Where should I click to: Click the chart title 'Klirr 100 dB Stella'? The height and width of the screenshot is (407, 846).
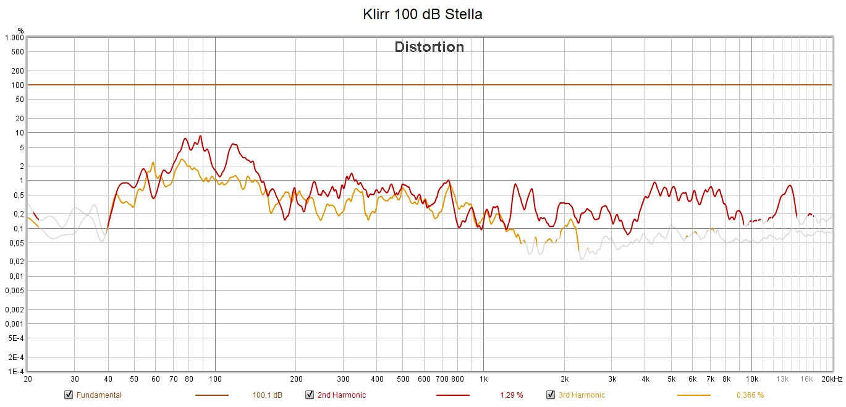pos(423,14)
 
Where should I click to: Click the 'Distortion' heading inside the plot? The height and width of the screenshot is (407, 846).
pos(429,47)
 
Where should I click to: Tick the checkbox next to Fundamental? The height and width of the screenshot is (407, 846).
pos(68,395)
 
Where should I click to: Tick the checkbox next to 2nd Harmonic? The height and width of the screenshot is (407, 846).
pos(309,395)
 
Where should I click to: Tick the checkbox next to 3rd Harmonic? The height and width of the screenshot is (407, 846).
pos(550,395)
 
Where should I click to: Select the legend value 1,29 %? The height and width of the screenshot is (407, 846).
pos(511,395)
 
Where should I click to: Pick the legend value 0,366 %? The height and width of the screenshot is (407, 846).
pos(750,395)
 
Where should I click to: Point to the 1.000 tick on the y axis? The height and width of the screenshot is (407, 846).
pos(14,38)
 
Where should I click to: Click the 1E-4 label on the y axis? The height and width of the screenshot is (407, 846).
pos(15,372)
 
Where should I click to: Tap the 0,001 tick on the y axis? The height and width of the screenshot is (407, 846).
pos(14,324)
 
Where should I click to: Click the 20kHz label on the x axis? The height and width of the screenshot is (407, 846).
pos(831,379)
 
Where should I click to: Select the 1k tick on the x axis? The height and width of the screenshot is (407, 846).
pos(483,379)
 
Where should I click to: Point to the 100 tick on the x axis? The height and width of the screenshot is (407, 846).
pos(215,379)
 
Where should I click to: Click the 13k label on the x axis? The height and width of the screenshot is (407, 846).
pos(782,379)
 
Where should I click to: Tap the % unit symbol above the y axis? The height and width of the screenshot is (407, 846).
pos(20,30)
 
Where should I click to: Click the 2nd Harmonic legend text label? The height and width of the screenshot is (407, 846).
pos(341,395)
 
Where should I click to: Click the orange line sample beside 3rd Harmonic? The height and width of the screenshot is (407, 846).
pos(693,395)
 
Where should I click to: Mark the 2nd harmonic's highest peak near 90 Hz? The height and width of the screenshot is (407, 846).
pos(200,135)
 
